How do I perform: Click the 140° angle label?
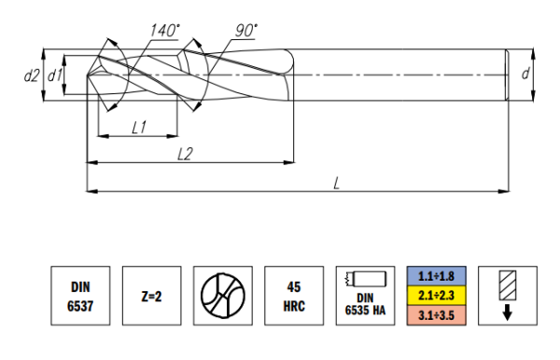pos(165,31)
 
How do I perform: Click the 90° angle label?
pos(246,31)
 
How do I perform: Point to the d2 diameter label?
pos(31,76)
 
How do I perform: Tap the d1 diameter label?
pos(55,76)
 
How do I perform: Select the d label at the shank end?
pos(525,74)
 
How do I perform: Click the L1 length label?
pos(139,127)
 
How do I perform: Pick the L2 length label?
pos(185,154)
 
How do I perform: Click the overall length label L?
pos(336,184)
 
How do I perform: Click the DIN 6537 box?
pos(80,296)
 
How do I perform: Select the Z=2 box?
pos(152,296)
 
